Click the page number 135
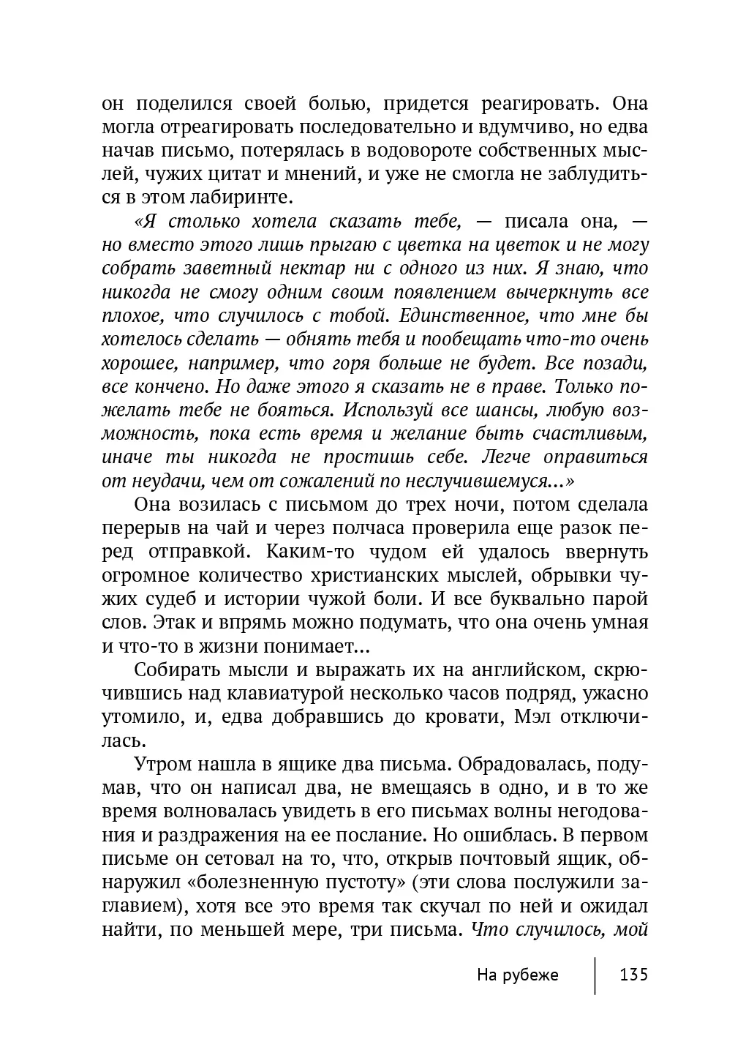633,975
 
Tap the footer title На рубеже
517,975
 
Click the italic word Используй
389,409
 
